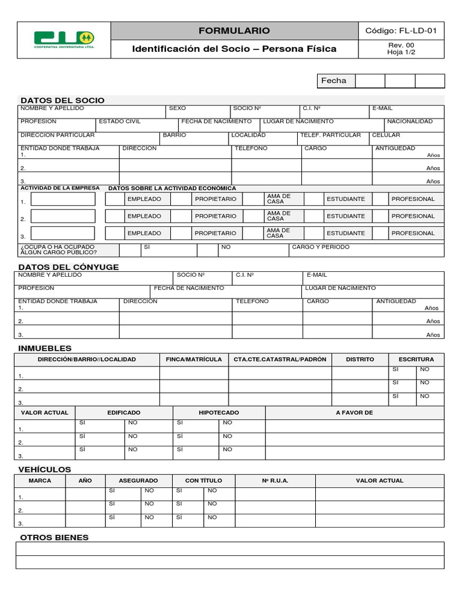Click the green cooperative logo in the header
pyautogui.click(x=64, y=40)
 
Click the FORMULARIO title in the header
pyautogui.click(x=234, y=31)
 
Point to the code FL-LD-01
pyautogui.click(x=401, y=31)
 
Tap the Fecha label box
pyautogui.click(x=334, y=81)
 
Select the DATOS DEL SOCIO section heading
pyautogui.click(x=63, y=100)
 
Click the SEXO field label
pyautogui.click(x=177, y=108)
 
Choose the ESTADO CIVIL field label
pyautogui.click(x=120, y=122)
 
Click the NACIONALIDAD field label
pyautogui.click(x=410, y=122)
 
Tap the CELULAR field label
pyautogui.click(x=386, y=135)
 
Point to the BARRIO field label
pyautogui.click(x=174, y=135)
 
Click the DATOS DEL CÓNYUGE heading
pyautogui.click(x=69, y=267)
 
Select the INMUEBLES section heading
pyautogui.click(x=45, y=348)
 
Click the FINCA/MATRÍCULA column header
pyautogui.click(x=194, y=359)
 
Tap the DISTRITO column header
pyautogui.click(x=360, y=359)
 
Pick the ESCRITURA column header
pyautogui.click(x=416, y=359)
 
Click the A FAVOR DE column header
pyautogui.click(x=354, y=413)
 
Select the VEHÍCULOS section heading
pyautogui.click(x=45, y=469)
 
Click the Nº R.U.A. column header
pyautogui.click(x=275, y=481)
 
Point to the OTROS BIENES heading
pyautogui.click(x=54, y=537)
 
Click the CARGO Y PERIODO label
pyautogui.click(x=321, y=247)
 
